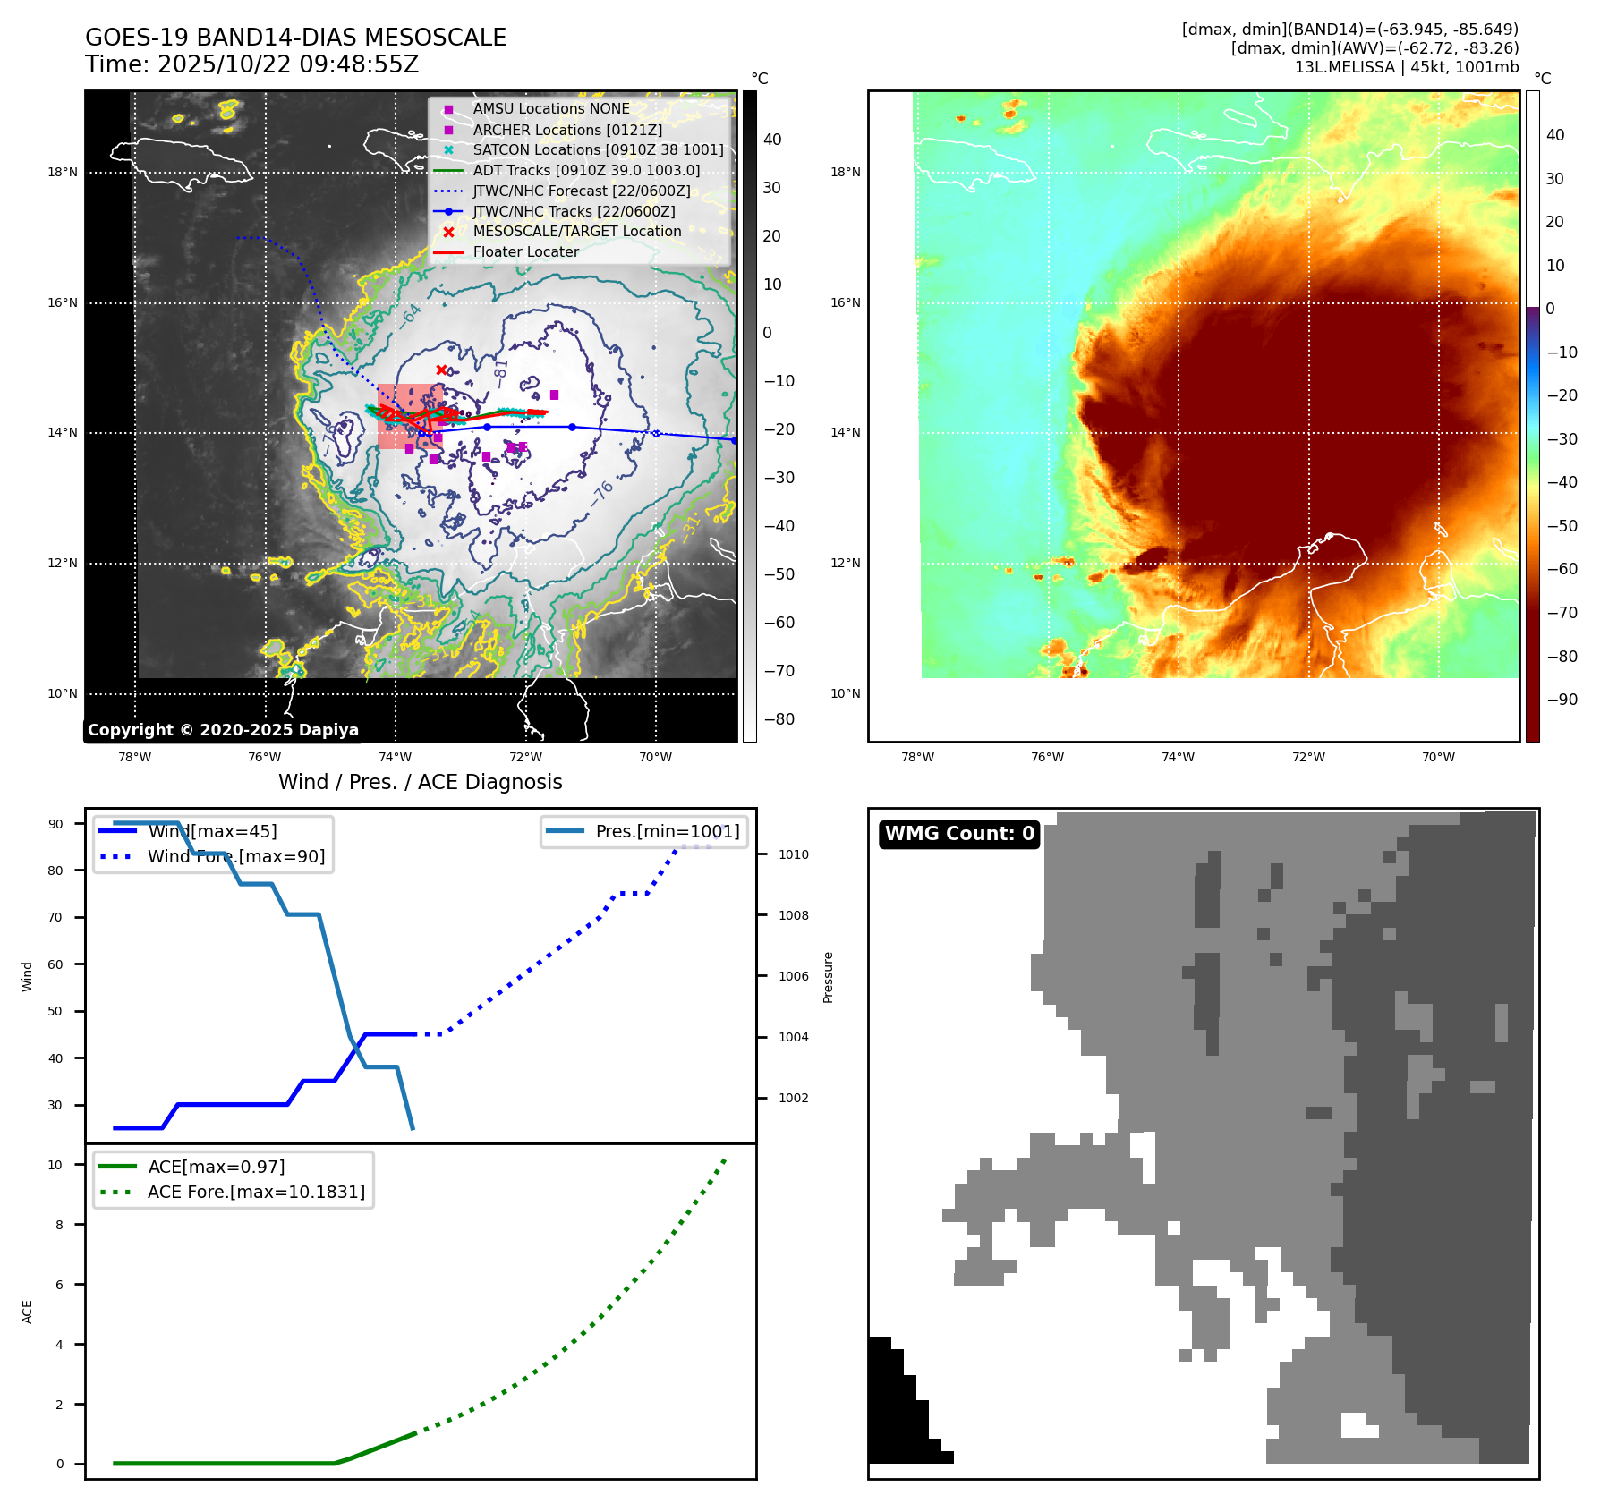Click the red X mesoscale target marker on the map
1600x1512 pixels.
(x=441, y=370)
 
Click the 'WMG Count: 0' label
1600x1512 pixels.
(x=959, y=834)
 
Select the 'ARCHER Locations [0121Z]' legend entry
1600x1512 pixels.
(x=567, y=130)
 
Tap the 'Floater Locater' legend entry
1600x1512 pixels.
(x=525, y=252)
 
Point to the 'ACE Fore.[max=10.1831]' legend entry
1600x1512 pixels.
(x=256, y=1192)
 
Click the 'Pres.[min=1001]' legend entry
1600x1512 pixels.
(x=667, y=831)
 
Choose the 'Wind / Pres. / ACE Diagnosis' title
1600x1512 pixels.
(x=421, y=782)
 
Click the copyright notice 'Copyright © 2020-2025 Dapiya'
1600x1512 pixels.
(x=223, y=730)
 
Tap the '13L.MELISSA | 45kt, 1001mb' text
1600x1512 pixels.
(x=1406, y=67)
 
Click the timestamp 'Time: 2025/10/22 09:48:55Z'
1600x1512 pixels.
(x=251, y=64)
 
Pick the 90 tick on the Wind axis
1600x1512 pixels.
(x=55, y=824)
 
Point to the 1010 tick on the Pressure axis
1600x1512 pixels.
(x=793, y=854)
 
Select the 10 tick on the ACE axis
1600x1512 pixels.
(x=55, y=1165)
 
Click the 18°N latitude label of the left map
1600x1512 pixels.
(x=63, y=172)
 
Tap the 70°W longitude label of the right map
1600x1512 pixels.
(x=1438, y=757)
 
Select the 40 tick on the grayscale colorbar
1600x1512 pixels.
(x=772, y=140)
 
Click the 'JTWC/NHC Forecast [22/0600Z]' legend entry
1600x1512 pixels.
(x=582, y=191)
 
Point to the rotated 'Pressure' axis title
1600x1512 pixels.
(x=828, y=977)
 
